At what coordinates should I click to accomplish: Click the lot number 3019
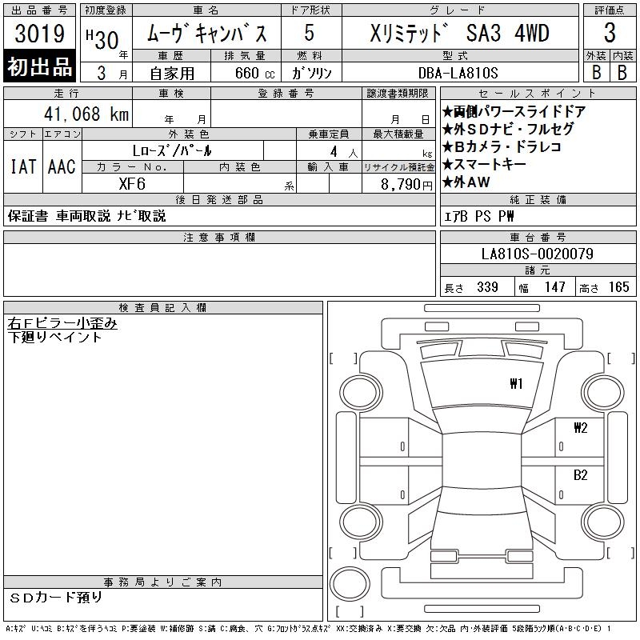pyautogui.click(x=40, y=34)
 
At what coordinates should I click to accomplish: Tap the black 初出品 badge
pyautogui.click(x=39, y=66)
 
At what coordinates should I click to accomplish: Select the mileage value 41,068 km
pyautogui.click(x=86, y=114)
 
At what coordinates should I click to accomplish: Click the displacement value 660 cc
pyautogui.click(x=254, y=73)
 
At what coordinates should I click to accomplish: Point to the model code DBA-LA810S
pyautogui.click(x=458, y=73)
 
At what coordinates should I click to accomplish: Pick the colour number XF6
pyautogui.click(x=132, y=184)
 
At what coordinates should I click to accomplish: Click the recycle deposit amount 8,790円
pyautogui.click(x=406, y=185)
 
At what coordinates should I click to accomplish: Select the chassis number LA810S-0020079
pyautogui.click(x=537, y=254)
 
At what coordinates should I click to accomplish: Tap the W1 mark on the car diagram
pyautogui.click(x=516, y=383)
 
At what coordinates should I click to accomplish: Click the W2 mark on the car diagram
pyautogui.click(x=581, y=427)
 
